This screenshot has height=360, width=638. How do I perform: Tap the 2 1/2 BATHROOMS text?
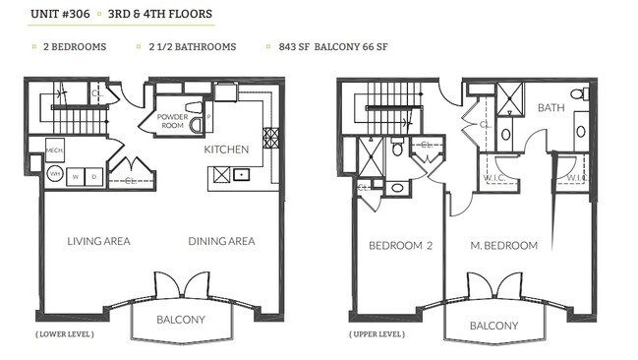tap(193, 46)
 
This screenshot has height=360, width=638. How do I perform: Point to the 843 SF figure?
tap(294, 46)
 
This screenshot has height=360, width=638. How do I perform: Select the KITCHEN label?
tap(225, 150)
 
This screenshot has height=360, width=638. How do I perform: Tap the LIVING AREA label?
tap(98, 241)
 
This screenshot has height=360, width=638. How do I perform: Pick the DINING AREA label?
tap(221, 241)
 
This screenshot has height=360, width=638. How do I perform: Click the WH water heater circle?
tap(55, 174)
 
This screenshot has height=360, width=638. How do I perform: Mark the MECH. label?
tap(55, 150)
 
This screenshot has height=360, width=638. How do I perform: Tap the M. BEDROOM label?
tap(505, 245)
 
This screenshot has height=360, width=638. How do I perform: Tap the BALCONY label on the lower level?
tap(181, 320)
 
